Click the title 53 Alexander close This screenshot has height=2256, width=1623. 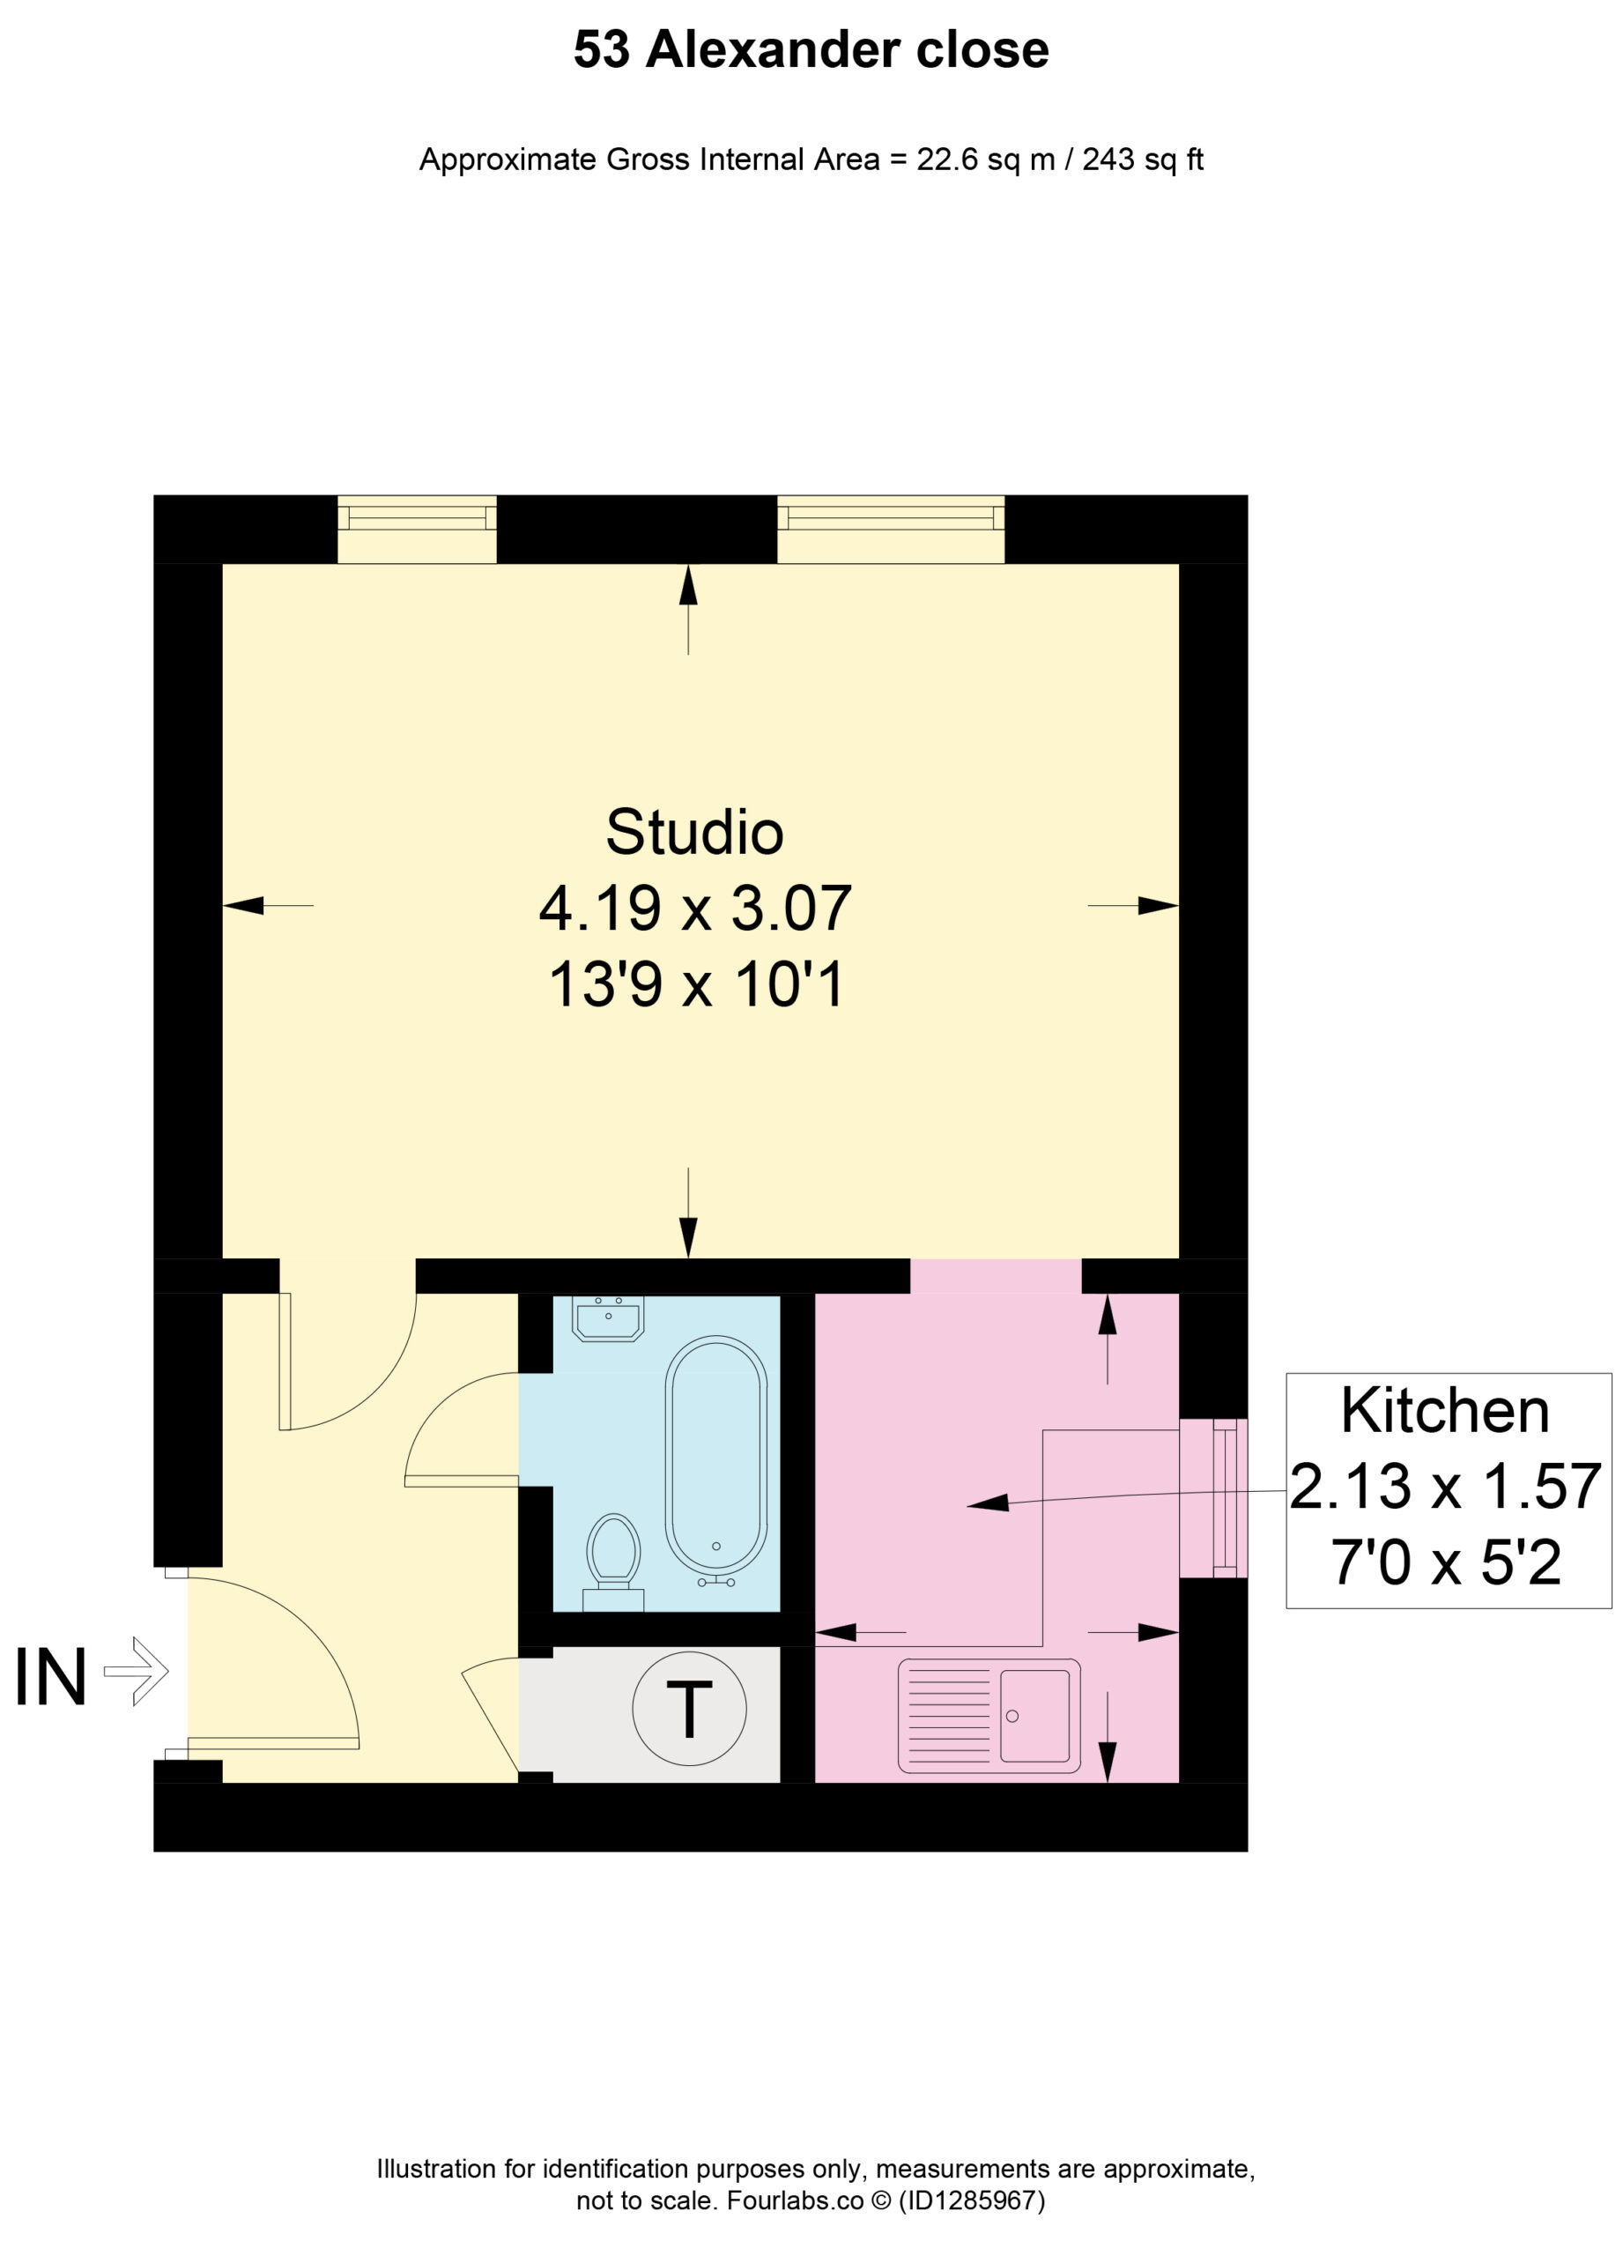point(811,49)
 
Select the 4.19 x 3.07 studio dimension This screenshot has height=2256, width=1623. point(695,909)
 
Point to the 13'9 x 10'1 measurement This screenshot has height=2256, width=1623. point(696,984)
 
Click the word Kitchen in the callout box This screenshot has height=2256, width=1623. point(1445,1411)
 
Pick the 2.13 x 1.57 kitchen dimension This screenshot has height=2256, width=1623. point(1445,1486)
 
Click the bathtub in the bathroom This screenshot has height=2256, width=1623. point(716,1454)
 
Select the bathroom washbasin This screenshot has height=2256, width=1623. point(608,1318)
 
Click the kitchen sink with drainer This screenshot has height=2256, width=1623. point(989,1715)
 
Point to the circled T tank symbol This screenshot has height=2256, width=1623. point(689,1708)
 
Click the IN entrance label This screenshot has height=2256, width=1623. point(51,1677)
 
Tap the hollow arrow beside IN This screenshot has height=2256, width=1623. point(137,1671)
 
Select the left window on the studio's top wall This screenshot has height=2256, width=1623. point(417,529)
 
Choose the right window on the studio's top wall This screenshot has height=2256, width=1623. point(890,529)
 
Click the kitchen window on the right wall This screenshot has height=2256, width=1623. point(1213,1498)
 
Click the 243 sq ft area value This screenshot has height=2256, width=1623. point(1143,160)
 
